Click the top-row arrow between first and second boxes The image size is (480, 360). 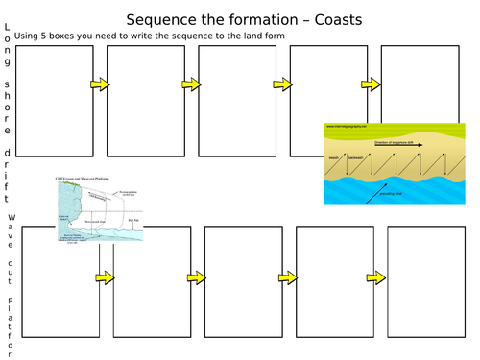[x=99, y=85]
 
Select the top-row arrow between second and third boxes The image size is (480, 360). [x=191, y=85]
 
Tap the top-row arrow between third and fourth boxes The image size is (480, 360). [x=283, y=85]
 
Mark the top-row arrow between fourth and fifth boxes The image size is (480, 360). [x=372, y=85]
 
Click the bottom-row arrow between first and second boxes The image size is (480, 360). [x=103, y=277]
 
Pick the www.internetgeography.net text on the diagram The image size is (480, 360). [x=348, y=126]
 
